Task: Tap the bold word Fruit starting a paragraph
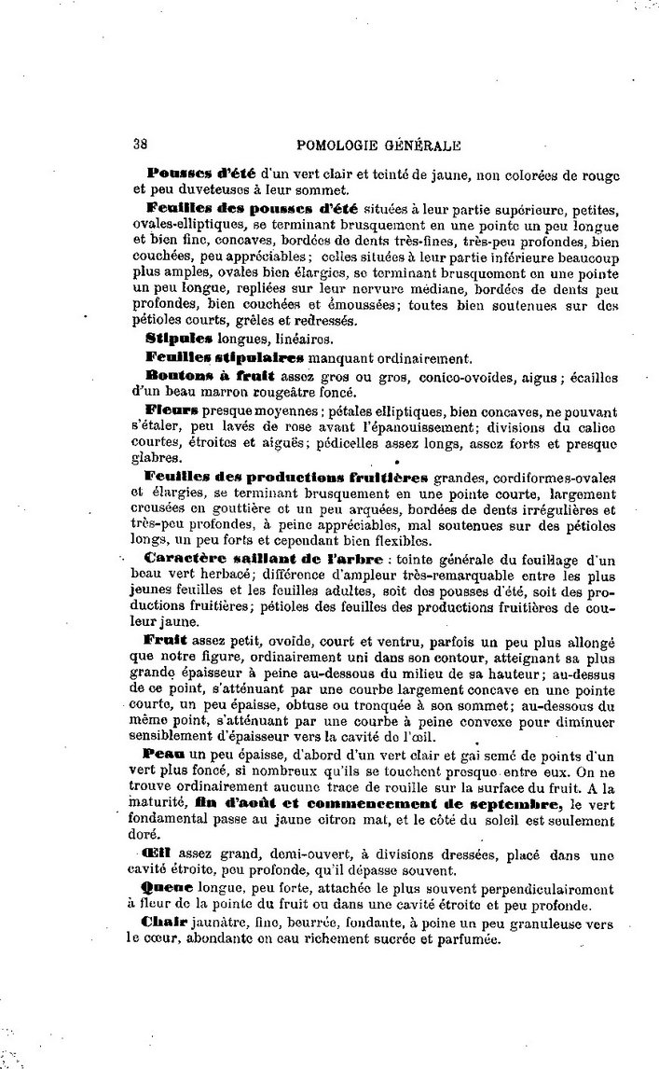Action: [167, 641]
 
